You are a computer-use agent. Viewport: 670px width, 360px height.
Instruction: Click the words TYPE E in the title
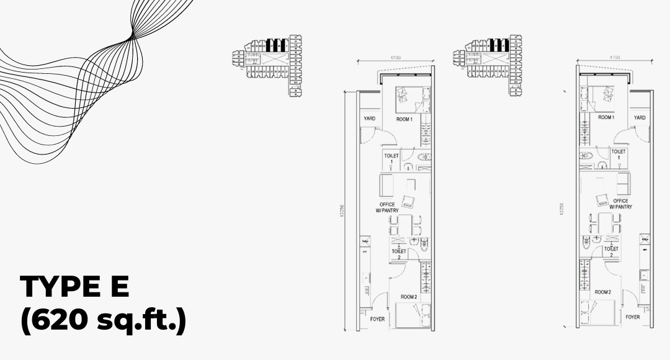[74, 287]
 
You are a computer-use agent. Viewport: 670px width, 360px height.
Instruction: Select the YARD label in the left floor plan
[370, 119]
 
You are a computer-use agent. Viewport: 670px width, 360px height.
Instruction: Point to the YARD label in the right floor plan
[640, 117]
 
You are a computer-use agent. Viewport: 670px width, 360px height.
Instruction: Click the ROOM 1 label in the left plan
[403, 119]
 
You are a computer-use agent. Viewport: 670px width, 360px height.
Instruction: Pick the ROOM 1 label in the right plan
[605, 117]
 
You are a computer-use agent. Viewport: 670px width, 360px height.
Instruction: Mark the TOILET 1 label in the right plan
[618, 155]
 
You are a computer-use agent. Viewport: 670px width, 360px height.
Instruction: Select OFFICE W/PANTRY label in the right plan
[620, 204]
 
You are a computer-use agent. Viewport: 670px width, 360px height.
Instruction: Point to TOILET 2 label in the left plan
[400, 253]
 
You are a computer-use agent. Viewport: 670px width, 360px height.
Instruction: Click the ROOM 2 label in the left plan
[408, 297]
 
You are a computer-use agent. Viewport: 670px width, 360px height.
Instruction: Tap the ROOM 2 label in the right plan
[603, 292]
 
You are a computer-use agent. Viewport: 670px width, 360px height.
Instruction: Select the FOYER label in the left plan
[377, 319]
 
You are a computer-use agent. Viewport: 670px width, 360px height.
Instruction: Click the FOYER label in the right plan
[632, 317]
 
